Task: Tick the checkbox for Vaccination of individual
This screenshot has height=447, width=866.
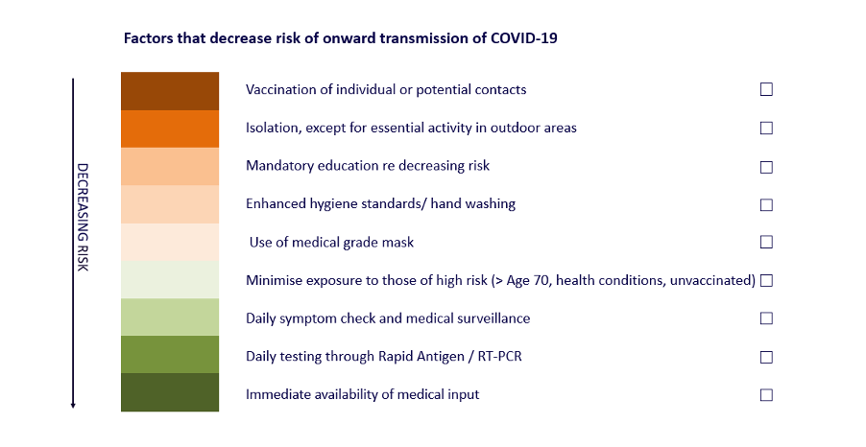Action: pos(766,89)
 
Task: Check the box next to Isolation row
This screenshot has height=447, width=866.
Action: pos(766,128)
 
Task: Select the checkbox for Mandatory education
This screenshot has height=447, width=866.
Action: pos(766,167)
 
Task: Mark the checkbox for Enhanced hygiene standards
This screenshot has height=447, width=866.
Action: pos(766,204)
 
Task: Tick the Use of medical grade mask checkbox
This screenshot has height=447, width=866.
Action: pos(766,243)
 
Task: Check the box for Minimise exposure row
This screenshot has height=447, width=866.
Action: pos(766,280)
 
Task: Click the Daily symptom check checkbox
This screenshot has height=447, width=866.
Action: pos(766,318)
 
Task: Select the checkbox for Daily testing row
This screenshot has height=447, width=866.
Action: pos(766,357)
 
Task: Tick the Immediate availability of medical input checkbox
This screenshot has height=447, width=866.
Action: pos(766,395)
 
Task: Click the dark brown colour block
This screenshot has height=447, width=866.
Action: pos(170,91)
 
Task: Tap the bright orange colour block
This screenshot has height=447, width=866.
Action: pos(170,129)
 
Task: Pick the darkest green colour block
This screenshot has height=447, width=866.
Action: pos(170,392)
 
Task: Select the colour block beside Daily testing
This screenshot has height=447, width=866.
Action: pos(170,355)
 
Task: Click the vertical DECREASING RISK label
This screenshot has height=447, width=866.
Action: pos(83,217)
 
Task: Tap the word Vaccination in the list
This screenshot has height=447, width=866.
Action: pos(281,89)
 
